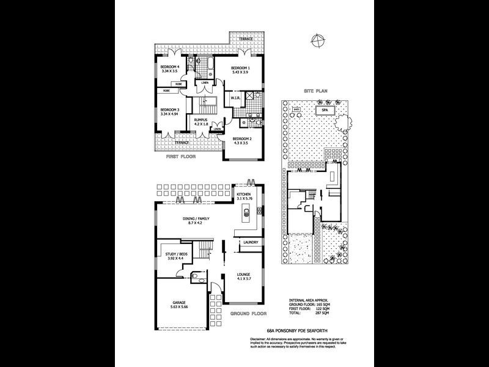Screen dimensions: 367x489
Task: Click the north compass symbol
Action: click(x=317, y=42)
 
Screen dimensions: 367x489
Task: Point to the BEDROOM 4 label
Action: click(x=169, y=67)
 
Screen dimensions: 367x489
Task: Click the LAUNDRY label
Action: click(x=250, y=242)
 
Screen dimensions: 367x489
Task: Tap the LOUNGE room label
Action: click(x=244, y=275)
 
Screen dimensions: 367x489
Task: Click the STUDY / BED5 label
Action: click(x=176, y=254)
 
